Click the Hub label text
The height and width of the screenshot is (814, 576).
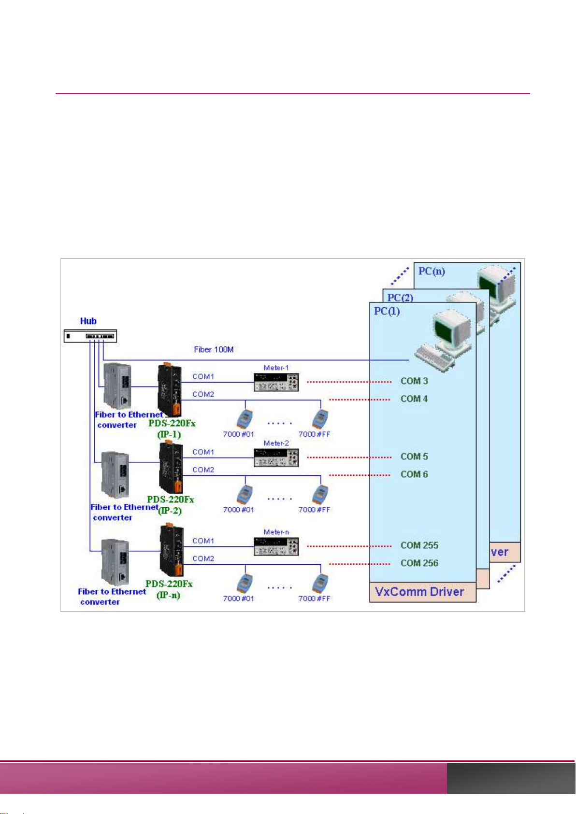click(x=88, y=321)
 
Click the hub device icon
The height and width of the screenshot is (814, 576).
click(x=90, y=336)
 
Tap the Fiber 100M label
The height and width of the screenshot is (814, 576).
click(x=214, y=349)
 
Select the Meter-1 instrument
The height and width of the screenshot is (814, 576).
click(x=276, y=382)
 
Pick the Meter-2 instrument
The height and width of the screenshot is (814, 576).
click(x=276, y=457)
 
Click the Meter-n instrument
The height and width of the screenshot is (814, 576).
click(x=276, y=546)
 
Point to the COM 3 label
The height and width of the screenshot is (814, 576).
click(x=414, y=381)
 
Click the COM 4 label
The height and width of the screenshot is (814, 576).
click(x=414, y=399)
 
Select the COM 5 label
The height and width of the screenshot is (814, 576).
click(x=414, y=457)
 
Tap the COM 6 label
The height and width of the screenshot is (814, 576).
click(x=414, y=474)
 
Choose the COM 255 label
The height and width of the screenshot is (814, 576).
click(x=419, y=545)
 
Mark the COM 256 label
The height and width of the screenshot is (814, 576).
click(x=419, y=563)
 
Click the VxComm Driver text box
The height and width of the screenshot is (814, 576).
click(x=423, y=592)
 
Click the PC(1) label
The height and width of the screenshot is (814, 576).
click(x=387, y=312)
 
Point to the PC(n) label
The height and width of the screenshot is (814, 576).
click(x=432, y=271)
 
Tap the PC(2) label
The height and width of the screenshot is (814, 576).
click(x=400, y=298)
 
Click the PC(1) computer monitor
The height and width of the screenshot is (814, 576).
click(x=452, y=330)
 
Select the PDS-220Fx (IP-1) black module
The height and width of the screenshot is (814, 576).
click(x=170, y=390)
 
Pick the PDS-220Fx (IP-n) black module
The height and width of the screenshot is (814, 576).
click(x=172, y=551)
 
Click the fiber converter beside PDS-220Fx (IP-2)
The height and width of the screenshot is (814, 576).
click(x=115, y=475)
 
